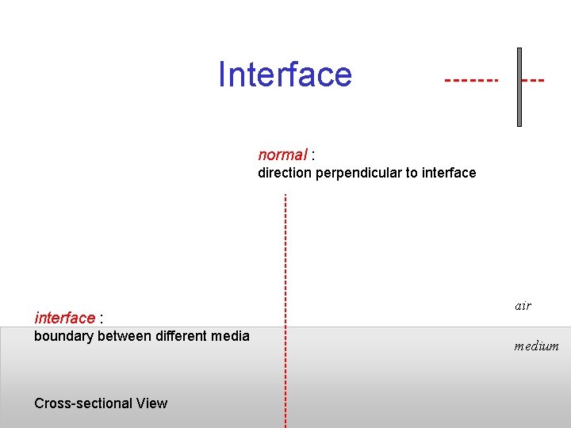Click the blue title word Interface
click(285, 75)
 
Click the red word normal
click(282, 155)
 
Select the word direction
click(285, 173)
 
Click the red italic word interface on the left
click(64, 318)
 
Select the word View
click(151, 403)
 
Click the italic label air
click(523, 306)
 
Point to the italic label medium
click(536, 346)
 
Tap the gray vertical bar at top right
click(519, 87)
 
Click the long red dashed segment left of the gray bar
click(471, 81)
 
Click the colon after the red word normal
click(314, 155)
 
